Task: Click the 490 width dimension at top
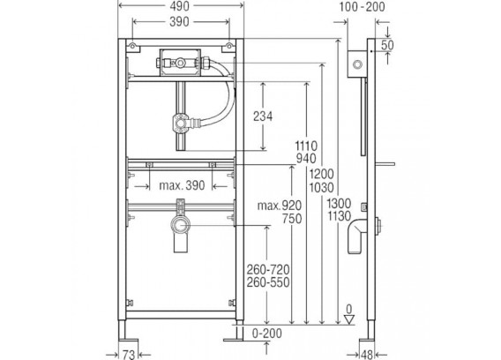click(180, 6)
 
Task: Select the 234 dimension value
click(263, 116)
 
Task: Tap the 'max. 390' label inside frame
click(182, 185)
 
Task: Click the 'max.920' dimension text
click(280, 206)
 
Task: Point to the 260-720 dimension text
click(268, 269)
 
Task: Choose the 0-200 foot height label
click(267, 334)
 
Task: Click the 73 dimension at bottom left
click(129, 354)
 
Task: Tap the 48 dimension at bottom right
click(367, 354)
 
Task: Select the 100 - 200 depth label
click(362, 7)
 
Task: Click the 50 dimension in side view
click(387, 45)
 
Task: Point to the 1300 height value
click(339, 203)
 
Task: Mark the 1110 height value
click(306, 146)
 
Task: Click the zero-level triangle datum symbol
click(349, 319)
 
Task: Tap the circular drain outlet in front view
click(181, 225)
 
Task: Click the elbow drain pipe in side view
click(357, 236)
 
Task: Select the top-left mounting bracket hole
click(132, 46)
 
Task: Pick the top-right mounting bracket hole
click(228, 46)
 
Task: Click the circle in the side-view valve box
click(357, 64)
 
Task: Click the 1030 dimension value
click(321, 187)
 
